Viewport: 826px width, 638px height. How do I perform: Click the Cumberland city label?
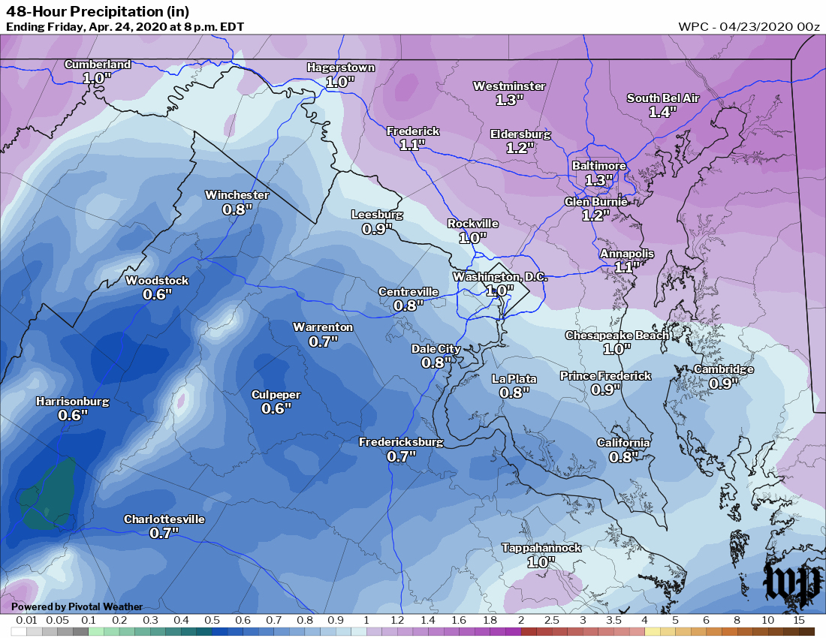coord(97,65)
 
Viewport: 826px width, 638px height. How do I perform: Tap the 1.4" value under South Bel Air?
coord(663,111)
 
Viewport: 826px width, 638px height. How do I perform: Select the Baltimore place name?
coord(598,166)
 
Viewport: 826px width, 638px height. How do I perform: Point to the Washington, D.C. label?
coord(499,277)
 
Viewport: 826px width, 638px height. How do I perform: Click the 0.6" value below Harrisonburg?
coord(73,415)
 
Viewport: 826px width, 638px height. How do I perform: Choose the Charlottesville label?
coord(164,519)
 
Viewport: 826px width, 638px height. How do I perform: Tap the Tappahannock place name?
coord(541,548)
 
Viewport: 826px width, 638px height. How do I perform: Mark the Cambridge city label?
coord(723,369)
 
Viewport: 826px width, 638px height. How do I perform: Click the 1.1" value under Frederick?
coord(412,145)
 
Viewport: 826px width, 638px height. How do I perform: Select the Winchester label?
coord(237,195)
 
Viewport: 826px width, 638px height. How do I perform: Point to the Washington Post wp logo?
coord(791,584)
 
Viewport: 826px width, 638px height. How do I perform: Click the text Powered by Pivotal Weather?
coord(77,606)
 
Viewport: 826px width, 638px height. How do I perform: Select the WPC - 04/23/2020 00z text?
coord(749,26)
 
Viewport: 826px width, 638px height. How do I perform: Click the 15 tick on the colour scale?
coord(798,621)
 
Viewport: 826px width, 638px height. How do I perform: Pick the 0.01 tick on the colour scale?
coord(27,621)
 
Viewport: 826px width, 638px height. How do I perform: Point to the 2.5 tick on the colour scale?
coord(551,621)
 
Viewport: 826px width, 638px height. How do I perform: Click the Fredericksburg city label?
coord(400,442)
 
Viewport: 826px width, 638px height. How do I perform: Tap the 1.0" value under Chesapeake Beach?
coord(617,348)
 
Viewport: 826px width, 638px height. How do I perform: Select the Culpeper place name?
coord(276,395)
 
